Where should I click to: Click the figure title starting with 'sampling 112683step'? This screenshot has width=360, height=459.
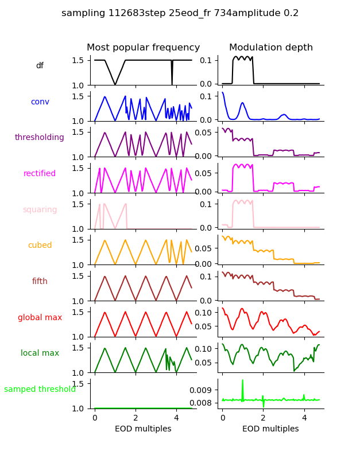[180, 13]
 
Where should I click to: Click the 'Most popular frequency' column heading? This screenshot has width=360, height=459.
[143, 48]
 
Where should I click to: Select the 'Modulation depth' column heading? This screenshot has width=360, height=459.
[270, 48]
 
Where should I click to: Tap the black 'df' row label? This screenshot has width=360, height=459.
[40, 66]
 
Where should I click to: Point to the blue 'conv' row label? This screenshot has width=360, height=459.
[40, 102]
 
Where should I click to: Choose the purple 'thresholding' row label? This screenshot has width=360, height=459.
[40, 138]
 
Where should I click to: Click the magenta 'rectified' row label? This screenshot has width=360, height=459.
[40, 174]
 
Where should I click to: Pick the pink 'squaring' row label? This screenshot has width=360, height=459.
[40, 209]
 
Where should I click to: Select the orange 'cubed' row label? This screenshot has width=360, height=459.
[40, 246]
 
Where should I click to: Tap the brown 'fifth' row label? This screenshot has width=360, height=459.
[40, 282]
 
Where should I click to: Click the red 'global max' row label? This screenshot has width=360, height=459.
[40, 317]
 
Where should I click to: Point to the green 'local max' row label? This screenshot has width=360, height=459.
[40, 353]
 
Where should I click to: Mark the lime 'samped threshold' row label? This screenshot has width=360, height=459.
[40, 390]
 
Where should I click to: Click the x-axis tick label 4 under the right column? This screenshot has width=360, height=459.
[304, 418]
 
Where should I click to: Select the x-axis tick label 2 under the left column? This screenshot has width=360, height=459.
[136, 418]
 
